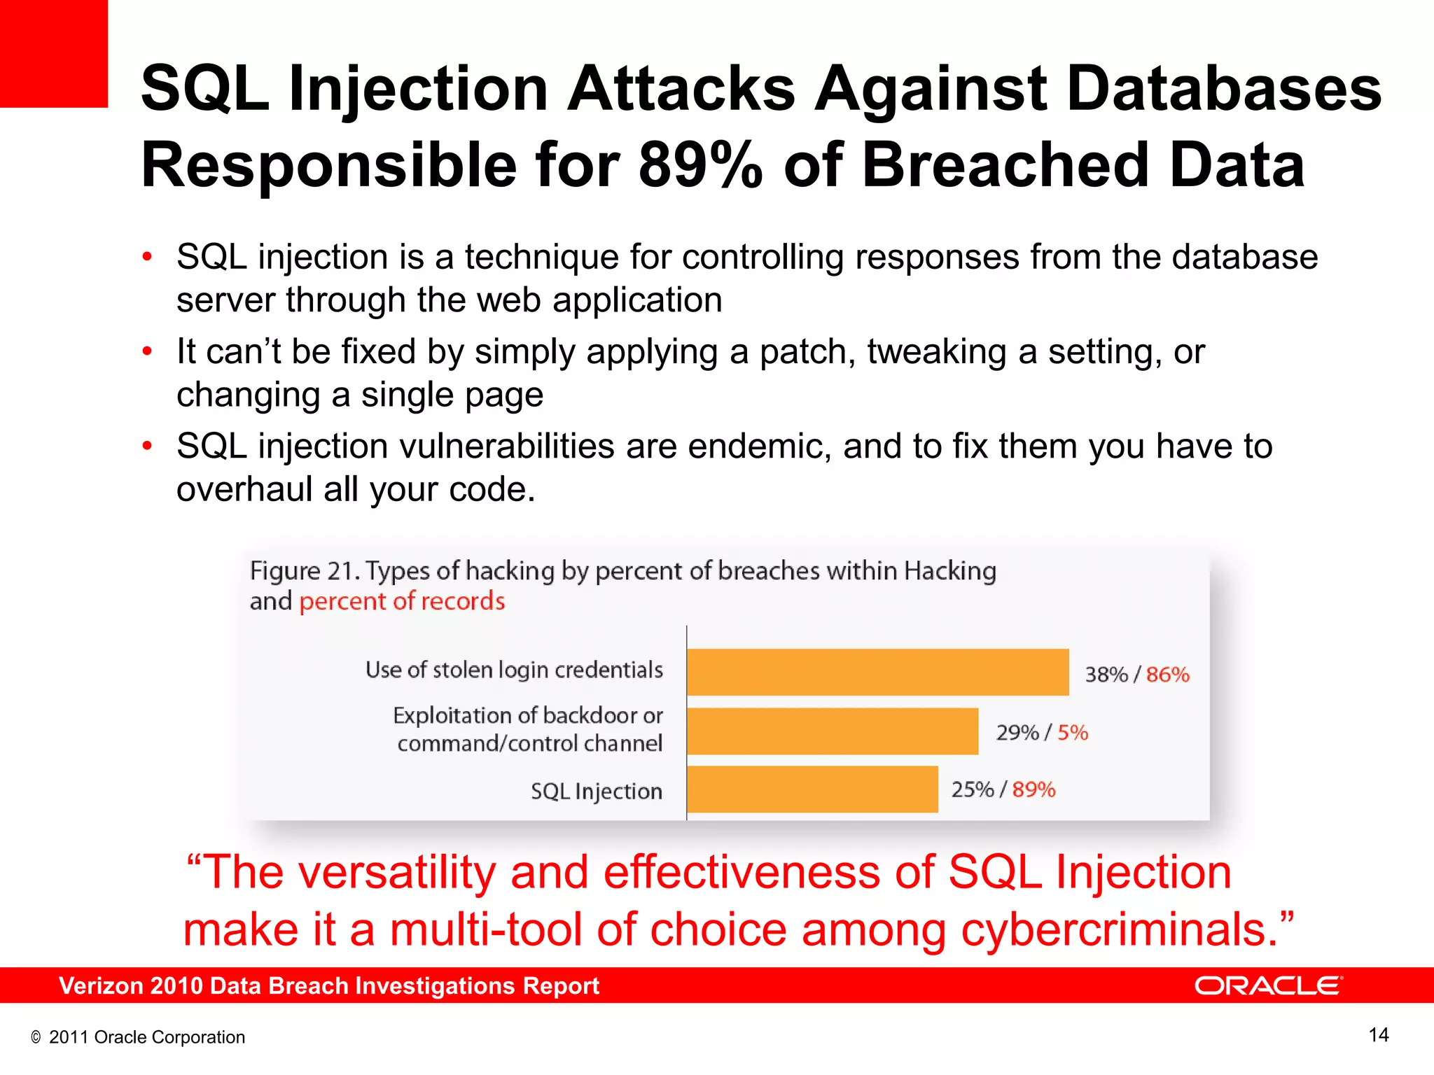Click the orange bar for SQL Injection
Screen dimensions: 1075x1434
click(x=812, y=789)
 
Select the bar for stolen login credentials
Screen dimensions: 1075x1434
click(x=877, y=672)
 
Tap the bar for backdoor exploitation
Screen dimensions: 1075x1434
click(x=832, y=731)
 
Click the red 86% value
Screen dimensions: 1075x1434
click(x=1167, y=675)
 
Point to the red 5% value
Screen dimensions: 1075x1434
click(x=1072, y=733)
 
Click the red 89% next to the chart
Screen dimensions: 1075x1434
click(x=1033, y=789)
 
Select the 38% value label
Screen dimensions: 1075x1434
click(x=1106, y=675)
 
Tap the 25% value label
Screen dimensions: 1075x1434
click(x=972, y=789)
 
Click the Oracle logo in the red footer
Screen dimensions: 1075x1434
click(x=1268, y=985)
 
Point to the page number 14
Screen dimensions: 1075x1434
click(x=1378, y=1035)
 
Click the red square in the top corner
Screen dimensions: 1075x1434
click(x=53, y=53)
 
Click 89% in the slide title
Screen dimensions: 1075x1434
click(x=699, y=165)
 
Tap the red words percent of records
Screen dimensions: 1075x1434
click(x=402, y=601)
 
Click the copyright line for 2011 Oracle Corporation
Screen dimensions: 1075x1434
click(x=138, y=1037)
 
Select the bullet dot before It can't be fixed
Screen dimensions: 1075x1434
click(x=146, y=351)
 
